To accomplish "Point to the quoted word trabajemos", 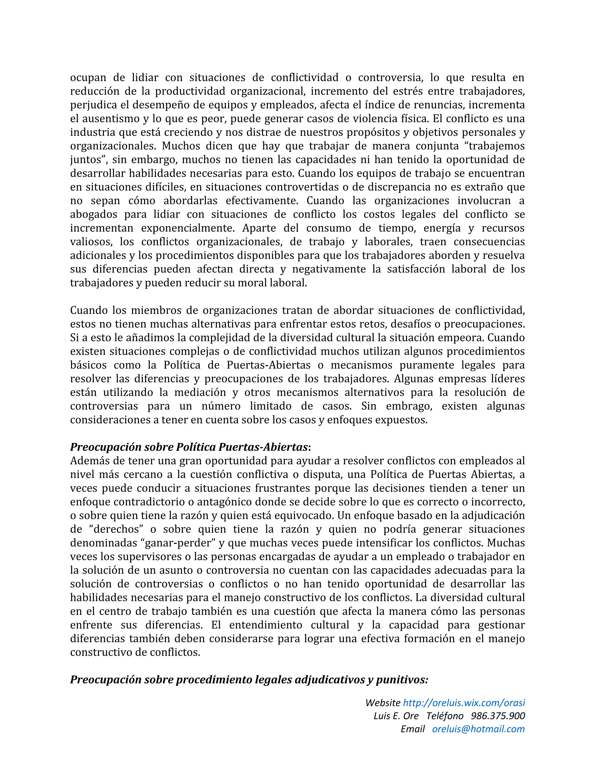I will coord(496,146).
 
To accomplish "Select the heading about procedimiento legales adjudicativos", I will coord(249,679).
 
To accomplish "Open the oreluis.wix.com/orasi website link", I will coord(463,703).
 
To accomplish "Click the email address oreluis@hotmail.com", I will coord(478,729).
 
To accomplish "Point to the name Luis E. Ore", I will coord(396,716).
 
